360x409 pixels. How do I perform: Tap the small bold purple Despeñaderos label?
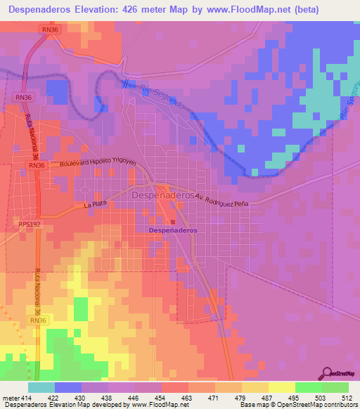[x=173, y=231]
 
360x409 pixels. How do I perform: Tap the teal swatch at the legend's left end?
[x=41, y=387]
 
